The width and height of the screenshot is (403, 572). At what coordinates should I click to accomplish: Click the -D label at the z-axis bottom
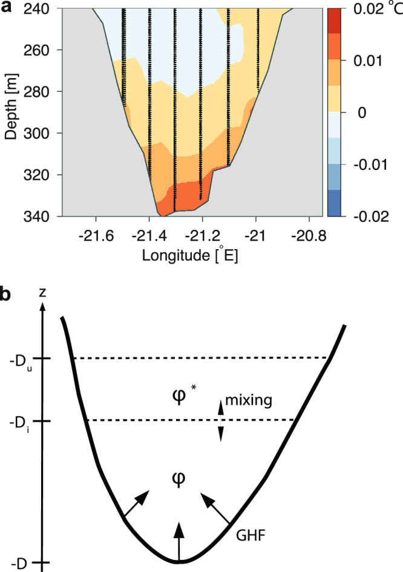pos(18,563)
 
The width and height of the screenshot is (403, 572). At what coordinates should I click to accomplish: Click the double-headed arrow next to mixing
pos(221,421)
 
